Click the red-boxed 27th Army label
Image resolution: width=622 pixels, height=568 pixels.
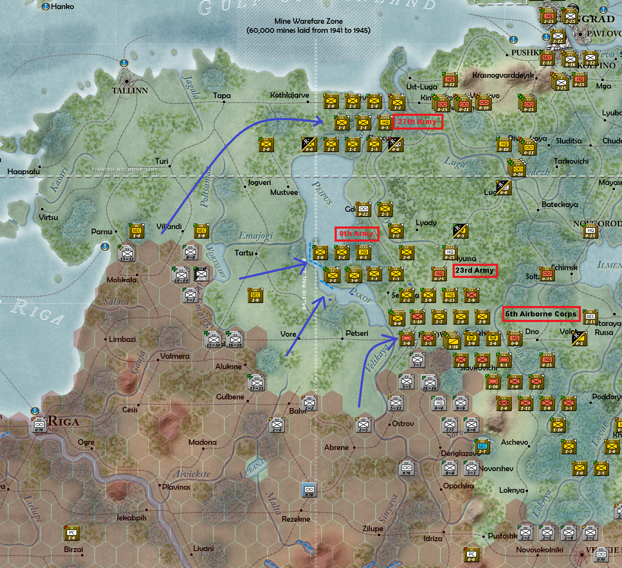417,122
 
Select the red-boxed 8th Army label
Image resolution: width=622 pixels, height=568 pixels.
356,234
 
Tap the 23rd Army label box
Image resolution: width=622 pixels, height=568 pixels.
474,271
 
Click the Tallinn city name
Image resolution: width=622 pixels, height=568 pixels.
130,91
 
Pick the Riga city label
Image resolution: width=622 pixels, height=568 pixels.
64,421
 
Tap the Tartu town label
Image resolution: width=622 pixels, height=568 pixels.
244,253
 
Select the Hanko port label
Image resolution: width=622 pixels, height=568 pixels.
62,6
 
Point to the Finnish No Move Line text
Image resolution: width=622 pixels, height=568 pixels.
125,170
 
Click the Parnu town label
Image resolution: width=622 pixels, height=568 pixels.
102,232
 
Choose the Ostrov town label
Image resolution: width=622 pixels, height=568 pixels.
403,424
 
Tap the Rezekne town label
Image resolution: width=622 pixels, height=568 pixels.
296,519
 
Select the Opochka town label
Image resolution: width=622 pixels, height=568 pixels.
458,486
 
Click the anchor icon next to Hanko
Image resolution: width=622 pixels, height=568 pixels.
46,6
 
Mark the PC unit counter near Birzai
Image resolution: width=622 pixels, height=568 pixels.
71,533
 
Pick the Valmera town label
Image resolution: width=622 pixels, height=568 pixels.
175,356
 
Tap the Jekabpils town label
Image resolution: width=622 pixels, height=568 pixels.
131,517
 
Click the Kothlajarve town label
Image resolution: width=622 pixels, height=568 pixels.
289,95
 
